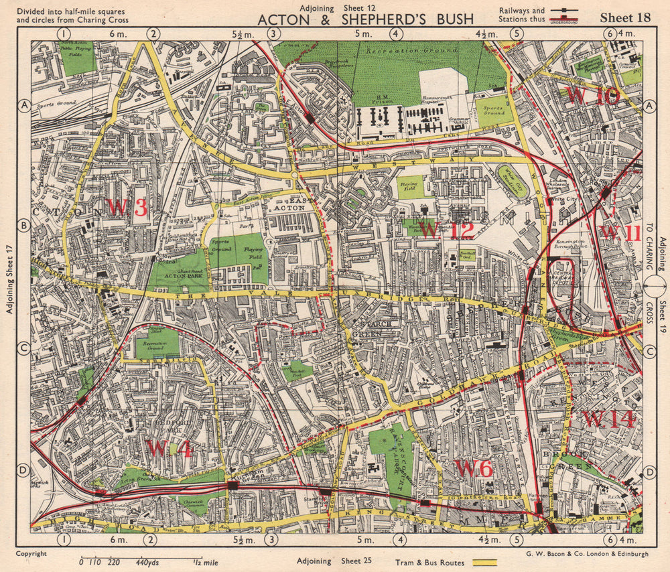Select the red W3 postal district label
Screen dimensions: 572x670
[127, 208]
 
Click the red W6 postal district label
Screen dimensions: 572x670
[474, 468]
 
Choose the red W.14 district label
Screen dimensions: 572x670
[608, 419]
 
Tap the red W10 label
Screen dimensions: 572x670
[593, 96]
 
